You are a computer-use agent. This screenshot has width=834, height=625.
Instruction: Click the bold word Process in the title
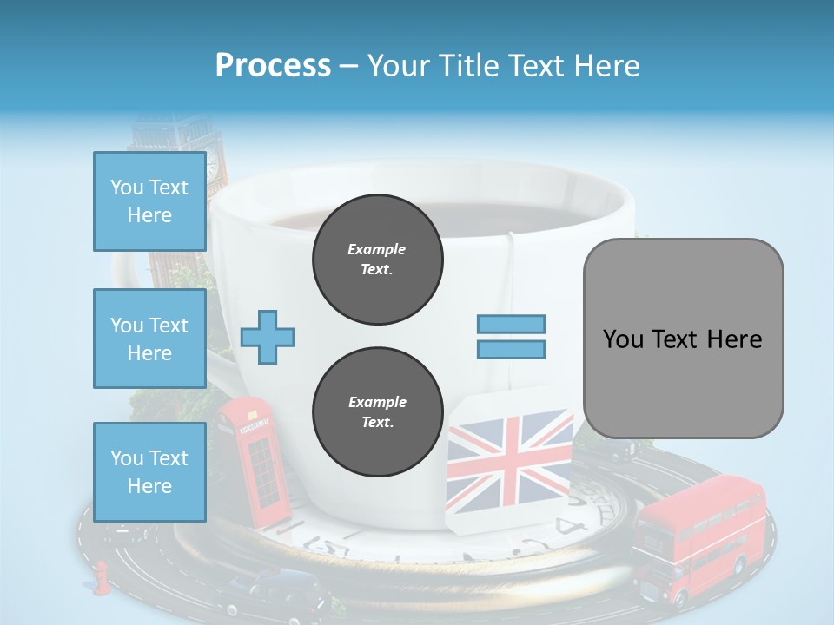point(273,65)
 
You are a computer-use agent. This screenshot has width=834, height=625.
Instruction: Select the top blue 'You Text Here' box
point(149,201)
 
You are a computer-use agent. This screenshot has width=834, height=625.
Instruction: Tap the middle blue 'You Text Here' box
point(149,339)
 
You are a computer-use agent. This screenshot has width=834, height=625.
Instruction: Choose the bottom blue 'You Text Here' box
point(149,471)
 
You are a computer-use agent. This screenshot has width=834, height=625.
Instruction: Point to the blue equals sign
point(511,337)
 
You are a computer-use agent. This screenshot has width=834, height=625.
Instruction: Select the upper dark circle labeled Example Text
point(377,260)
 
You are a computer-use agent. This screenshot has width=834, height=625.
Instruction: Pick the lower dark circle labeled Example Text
point(377,412)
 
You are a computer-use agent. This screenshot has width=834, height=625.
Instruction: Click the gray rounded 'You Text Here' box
point(683,339)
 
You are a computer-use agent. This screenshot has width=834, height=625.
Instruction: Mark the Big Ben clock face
point(212,161)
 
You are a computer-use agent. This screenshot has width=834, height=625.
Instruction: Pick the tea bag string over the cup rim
point(512,260)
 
